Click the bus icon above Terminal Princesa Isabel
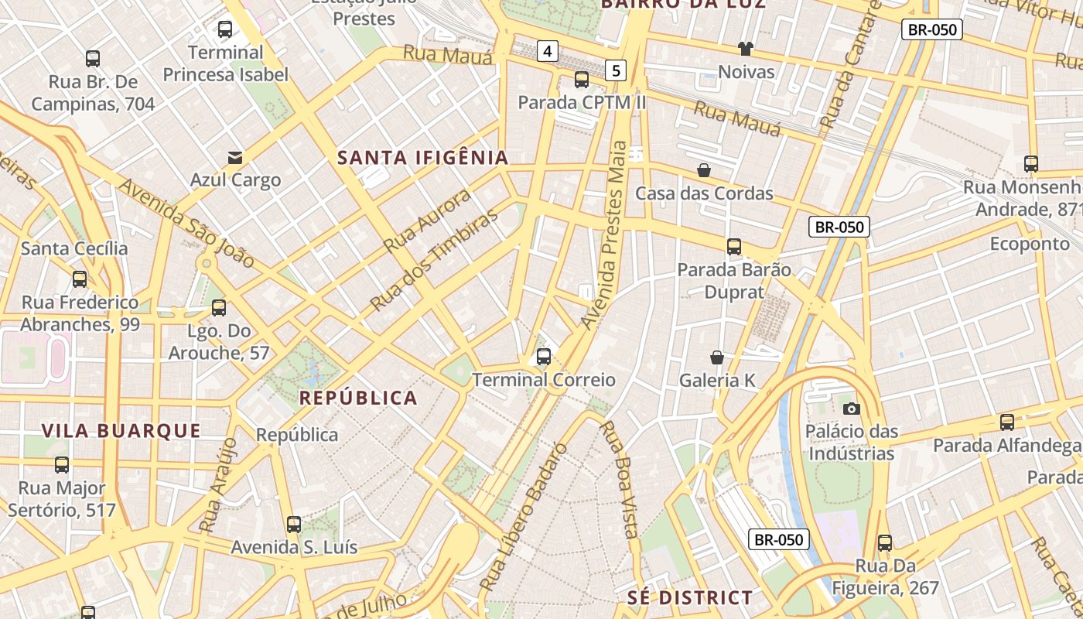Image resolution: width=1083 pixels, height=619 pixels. pos(225,30)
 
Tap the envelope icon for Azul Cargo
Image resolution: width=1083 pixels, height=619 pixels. pos(235,158)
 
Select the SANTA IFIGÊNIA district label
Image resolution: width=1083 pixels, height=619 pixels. pos(423,158)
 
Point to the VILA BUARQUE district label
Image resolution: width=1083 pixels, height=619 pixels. pos(121,431)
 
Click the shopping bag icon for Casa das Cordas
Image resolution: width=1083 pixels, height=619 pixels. pos(704,170)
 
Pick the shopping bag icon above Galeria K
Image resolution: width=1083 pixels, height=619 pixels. pos(717,357)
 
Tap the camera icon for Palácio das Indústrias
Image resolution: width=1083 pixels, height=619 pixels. pos(851,409)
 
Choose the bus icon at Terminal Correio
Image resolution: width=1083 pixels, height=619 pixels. pos(544,357)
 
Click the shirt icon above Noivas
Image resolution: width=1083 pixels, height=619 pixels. pos(745,50)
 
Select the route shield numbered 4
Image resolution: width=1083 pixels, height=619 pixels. pos(548,52)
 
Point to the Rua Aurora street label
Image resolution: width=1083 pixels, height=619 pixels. pos(428,221)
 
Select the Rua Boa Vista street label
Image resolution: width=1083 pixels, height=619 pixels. pos(621,479)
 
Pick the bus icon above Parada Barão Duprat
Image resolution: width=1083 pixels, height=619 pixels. pos(734,248)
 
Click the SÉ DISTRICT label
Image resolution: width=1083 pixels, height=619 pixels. pos(689,597)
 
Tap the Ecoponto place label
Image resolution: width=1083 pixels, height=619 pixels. pos(1030,244)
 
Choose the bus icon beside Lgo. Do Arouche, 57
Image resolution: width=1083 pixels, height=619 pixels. pos(219,308)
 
